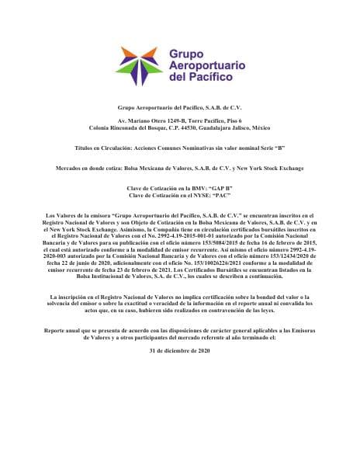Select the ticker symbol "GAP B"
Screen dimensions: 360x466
point(221,189)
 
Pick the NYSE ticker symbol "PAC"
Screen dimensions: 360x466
point(223,196)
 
